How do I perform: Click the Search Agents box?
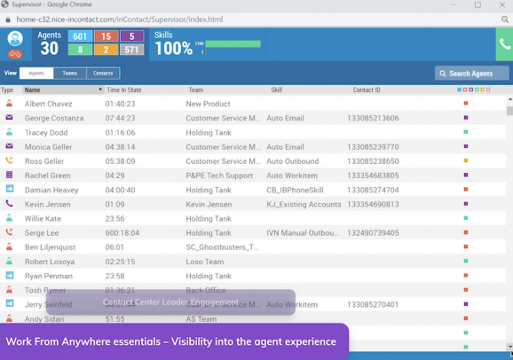(x=472, y=74)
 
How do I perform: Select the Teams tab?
(x=69, y=74)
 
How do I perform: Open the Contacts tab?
(x=103, y=74)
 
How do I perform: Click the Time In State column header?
(x=125, y=90)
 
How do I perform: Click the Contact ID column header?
(x=366, y=90)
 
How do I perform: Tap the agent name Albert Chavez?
(x=49, y=104)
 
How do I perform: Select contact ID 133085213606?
(x=373, y=118)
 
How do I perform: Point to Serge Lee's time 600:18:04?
(x=123, y=232)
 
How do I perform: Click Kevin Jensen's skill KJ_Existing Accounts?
(x=304, y=204)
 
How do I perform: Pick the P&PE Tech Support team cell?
(x=221, y=176)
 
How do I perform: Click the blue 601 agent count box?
(x=80, y=36)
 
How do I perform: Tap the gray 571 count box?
(x=131, y=51)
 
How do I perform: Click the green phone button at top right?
(x=504, y=43)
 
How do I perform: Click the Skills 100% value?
(x=173, y=49)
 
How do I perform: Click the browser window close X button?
(x=501, y=5)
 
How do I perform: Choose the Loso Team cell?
(x=205, y=262)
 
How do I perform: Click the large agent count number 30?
(x=49, y=49)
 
